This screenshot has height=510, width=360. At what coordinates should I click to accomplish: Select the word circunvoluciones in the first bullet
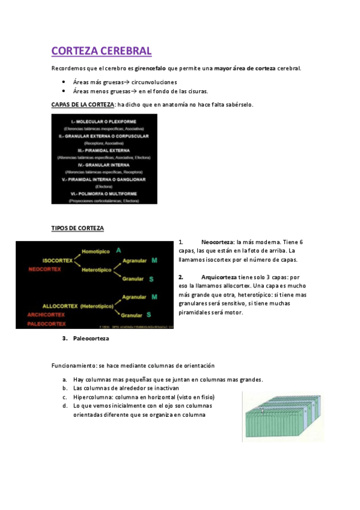tap(154, 82)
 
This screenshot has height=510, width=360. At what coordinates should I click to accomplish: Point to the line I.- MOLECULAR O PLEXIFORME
tap(104, 121)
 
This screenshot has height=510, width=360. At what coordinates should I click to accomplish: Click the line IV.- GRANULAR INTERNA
tap(104, 164)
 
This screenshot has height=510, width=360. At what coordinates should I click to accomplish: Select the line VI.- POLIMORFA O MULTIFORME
tap(104, 193)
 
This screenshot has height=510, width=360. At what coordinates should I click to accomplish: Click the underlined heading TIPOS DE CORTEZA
tap(78, 229)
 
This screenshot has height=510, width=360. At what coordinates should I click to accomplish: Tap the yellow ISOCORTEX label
tap(58, 260)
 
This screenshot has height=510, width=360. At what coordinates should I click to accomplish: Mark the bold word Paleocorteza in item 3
tap(91, 339)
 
